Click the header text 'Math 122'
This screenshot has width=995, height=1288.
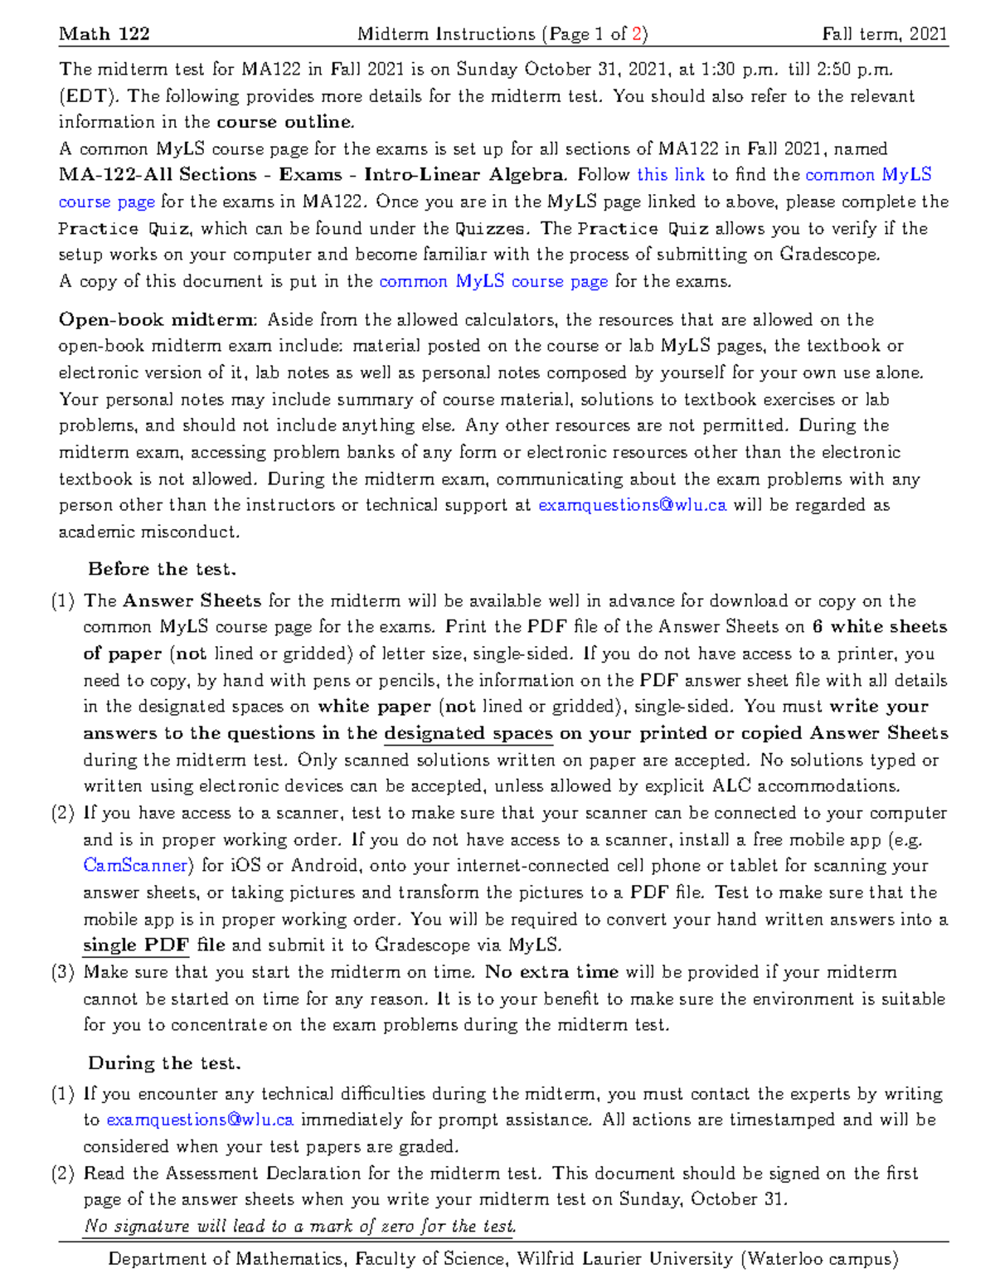(104, 34)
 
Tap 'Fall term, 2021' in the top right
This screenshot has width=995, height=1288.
(884, 34)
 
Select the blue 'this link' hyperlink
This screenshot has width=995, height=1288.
(670, 175)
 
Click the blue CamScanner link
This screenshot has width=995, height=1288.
(136, 866)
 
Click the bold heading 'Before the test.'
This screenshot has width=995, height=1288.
(162, 569)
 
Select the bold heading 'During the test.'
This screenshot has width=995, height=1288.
(164, 1063)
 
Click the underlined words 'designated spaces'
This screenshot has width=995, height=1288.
(468, 733)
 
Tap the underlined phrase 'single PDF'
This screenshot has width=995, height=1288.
(136, 945)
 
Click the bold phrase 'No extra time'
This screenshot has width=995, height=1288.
(551, 972)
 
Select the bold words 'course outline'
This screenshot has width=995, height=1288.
(284, 122)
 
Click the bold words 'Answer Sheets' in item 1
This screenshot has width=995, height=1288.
(192, 600)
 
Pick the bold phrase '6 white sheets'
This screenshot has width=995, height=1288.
(879, 627)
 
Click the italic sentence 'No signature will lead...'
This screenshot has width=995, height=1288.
(300, 1226)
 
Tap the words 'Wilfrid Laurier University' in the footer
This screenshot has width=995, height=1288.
(624, 1259)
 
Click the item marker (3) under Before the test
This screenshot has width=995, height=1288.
(64, 972)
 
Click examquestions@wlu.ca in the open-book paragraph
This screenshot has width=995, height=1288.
(633, 505)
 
